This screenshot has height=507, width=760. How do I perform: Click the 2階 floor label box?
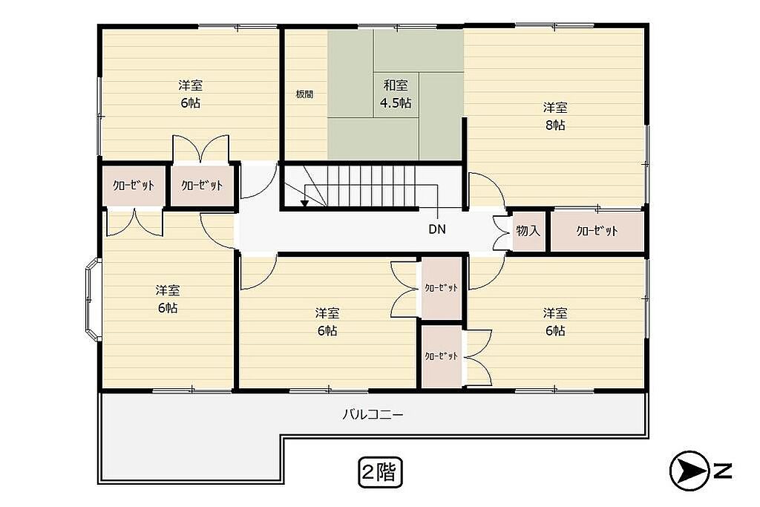click(x=381, y=471)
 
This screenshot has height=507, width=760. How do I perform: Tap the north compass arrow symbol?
click(x=687, y=471)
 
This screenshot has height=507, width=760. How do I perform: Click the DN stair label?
click(x=437, y=229)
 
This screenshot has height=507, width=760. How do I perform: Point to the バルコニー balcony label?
click(x=373, y=414)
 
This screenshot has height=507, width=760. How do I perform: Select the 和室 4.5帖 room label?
click(x=396, y=94)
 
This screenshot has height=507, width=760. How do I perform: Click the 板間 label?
click(x=304, y=94)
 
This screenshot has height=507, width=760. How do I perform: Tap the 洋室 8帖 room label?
click(x=555, y=116)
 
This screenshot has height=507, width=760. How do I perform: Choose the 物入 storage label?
click(x=528, y=231)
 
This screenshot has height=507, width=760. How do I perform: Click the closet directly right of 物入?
click(x=597, y=231)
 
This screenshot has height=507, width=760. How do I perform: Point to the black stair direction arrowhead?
click(x=304, y=203)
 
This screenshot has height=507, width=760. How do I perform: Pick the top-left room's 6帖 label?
click(x=191, y=102)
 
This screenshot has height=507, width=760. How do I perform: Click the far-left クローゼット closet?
click(x=134, y=185)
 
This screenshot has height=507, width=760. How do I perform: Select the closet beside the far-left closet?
click(x=202, y=185)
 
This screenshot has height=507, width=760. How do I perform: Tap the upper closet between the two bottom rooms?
click(x=441, y=288)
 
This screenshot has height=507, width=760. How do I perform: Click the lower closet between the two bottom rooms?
click(x=441, y=356)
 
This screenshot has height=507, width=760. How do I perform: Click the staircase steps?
click(x=371, y=186)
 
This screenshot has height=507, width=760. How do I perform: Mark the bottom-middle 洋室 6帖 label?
click(x=327, y=322)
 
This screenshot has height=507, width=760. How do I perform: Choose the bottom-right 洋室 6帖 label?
click(x=555, y=322)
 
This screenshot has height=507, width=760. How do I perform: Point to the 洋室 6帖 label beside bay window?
click(x=168, y=299)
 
